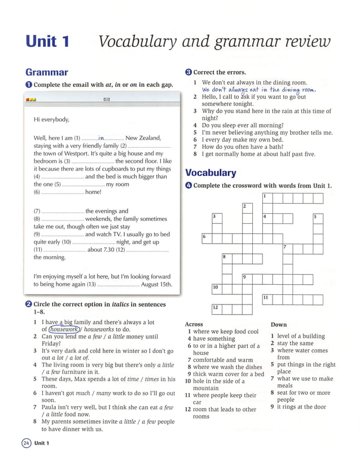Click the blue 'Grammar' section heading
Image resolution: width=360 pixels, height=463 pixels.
coord(47,72)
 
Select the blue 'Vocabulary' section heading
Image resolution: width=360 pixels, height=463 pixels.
coord(210,173)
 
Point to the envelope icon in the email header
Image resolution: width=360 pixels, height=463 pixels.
coord(106,100)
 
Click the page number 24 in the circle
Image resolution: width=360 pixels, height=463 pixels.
coord(26,443)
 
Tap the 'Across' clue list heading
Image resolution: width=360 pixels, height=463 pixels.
coord(194,324)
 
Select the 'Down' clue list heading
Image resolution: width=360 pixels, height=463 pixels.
coord(278,324)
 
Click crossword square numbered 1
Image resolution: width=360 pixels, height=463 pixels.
coord(267,198)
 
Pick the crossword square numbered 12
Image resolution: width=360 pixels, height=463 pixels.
coord(216,309)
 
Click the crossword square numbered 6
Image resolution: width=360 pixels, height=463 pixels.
coord(206,238)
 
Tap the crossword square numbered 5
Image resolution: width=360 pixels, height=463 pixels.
coord(318,218)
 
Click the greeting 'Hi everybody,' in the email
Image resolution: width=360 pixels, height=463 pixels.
coord(51,120)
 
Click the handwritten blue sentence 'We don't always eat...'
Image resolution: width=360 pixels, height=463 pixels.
coord(259,90)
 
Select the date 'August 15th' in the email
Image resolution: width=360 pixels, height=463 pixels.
coord(156,285)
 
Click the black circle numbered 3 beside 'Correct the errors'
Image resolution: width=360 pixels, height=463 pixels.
coord(188,72)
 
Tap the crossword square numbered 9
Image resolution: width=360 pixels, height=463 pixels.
coord(247,279)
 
